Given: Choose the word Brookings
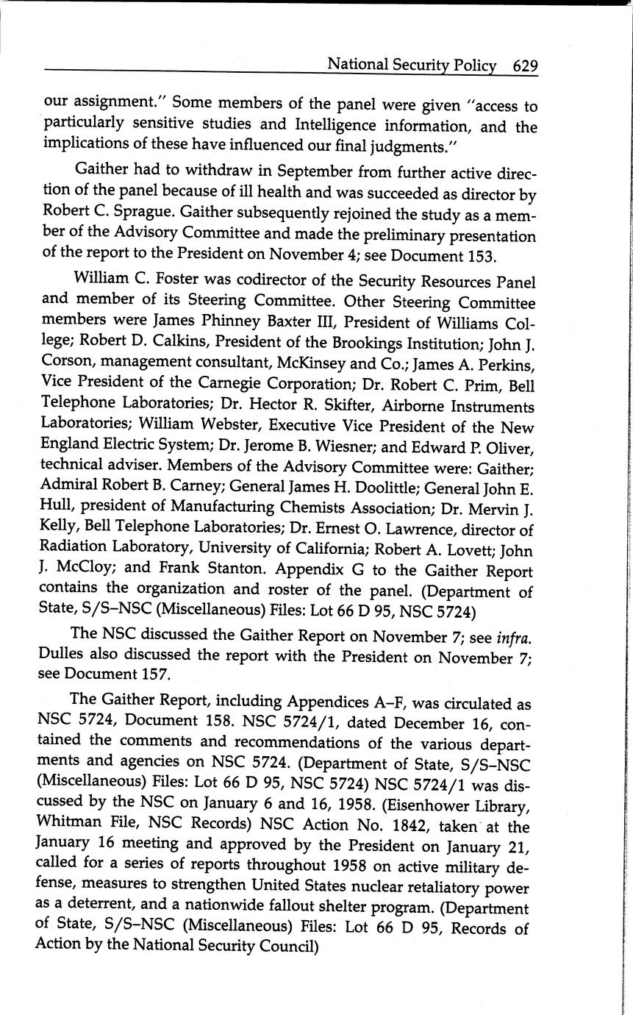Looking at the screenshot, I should point(362,343).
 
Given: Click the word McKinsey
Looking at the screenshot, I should point(318,364).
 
